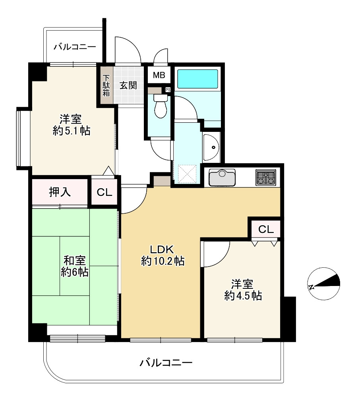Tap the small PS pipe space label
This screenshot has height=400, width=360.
(168, 90)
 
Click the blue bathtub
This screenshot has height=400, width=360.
(197, 79)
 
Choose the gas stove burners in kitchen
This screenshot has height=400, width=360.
(265, 177)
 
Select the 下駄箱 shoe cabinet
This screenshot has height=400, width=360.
(106, 85)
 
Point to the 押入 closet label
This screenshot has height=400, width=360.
(60, 192)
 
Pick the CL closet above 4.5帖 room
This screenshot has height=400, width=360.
(265, 229)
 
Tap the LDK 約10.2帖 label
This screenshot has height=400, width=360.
(162, 255)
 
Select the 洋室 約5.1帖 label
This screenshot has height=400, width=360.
(72, 125)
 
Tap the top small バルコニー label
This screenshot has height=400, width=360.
(75, 47)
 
